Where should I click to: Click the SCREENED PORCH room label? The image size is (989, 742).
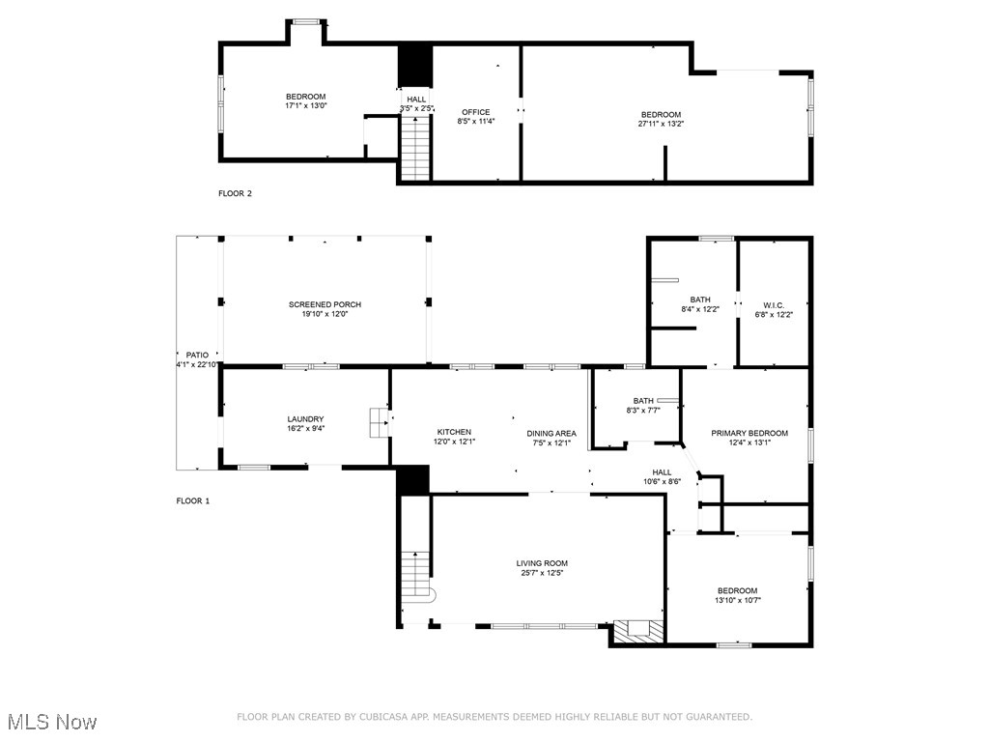(x=325, y=304)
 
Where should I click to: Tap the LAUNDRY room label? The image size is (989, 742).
(x=305, y=419)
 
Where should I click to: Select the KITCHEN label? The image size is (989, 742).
(x=454, y=432)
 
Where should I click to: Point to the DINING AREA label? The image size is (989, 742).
(x=551, y=434)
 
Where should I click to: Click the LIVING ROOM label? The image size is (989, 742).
(x=542, y=563)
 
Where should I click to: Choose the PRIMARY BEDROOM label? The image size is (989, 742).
(x=749, y=433)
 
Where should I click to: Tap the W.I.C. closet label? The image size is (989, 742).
(x=774, y=300)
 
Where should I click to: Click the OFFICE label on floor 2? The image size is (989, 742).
(x=475, y=112)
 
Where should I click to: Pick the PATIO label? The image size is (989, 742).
(x=197, y=355)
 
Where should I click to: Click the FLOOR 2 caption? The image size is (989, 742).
(x=235, y=193)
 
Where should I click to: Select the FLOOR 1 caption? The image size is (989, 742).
(x=192, y=500)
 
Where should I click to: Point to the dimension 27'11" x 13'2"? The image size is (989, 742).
(x=661, y=124)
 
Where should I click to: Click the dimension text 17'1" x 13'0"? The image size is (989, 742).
(x=305, y=106)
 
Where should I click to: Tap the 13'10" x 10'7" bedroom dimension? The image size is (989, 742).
(x=737, y=600)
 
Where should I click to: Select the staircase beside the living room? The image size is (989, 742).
(x=415, y=574)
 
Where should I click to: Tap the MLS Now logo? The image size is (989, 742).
(x=52, y=722)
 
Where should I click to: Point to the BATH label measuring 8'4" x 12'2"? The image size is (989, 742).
(x=700, y=300)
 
